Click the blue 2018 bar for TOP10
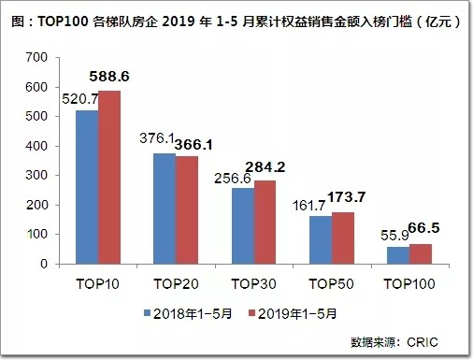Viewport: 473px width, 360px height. click(87, 187)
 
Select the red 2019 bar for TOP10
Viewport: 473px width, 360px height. click(109, 178)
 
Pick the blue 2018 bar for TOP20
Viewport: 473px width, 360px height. click(165, 209)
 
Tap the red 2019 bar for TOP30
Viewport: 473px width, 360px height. click(265, 223)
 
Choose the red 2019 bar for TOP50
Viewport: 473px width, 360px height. click(343, 238)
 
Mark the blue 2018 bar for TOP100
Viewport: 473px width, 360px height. click(398, 255)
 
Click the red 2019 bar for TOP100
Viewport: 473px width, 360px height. click(421, 254)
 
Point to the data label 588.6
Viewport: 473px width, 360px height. click(109, 77)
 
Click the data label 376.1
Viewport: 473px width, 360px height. click(157, 138)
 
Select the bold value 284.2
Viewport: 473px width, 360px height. click(265, 167)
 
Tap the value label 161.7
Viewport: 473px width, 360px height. click(309, 206)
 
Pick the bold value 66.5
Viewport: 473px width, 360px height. click(423, 228)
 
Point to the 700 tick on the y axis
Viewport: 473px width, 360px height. click(36, 57)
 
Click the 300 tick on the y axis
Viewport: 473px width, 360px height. click(36, 176)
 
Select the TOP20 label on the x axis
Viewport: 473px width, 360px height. click(176, 284)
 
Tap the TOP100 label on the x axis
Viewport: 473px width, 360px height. click(409, 284)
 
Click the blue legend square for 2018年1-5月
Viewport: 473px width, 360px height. click(147, 313)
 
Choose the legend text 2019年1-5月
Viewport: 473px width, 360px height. click(297, 313)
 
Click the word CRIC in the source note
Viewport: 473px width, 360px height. click(423, 342)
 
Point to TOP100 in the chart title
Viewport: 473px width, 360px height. click(63, 22)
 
